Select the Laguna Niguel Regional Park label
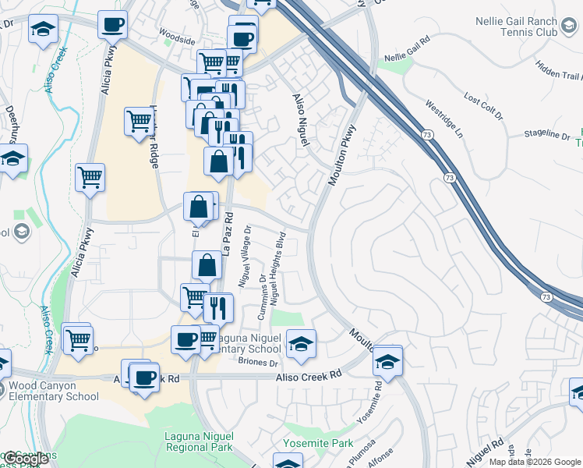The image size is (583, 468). coord(200,442)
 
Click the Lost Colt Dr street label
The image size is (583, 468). coord(482,101)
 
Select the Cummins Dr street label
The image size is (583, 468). coord(262,296)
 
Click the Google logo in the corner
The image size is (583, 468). coord(26,459)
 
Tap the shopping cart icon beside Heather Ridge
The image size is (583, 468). coord(138,122)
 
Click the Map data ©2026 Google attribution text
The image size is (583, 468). coord(535,462)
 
